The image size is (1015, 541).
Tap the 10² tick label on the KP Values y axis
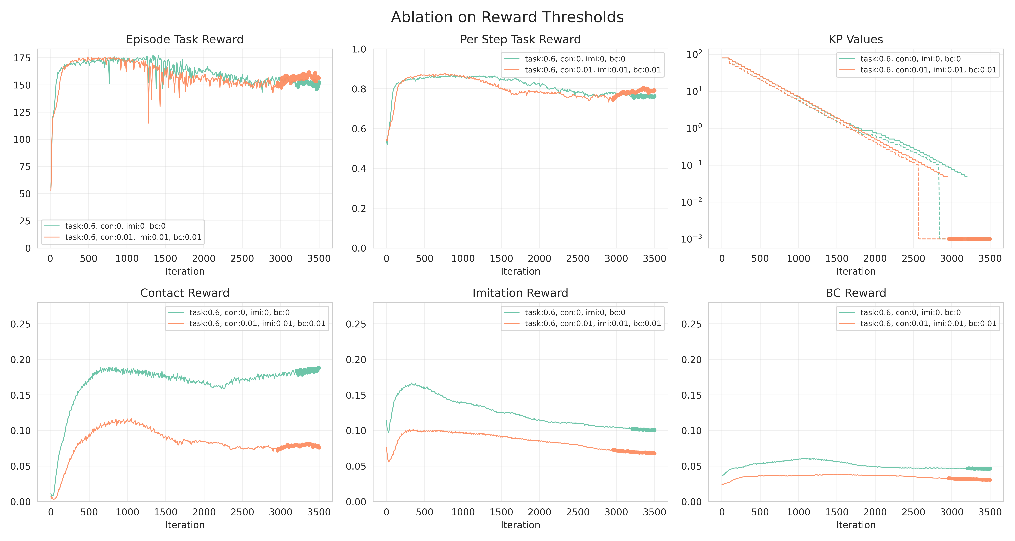tap(694, 54)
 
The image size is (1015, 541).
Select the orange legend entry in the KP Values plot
tap(928, 70)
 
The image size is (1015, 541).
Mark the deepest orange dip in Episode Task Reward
tap(149, 123)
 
